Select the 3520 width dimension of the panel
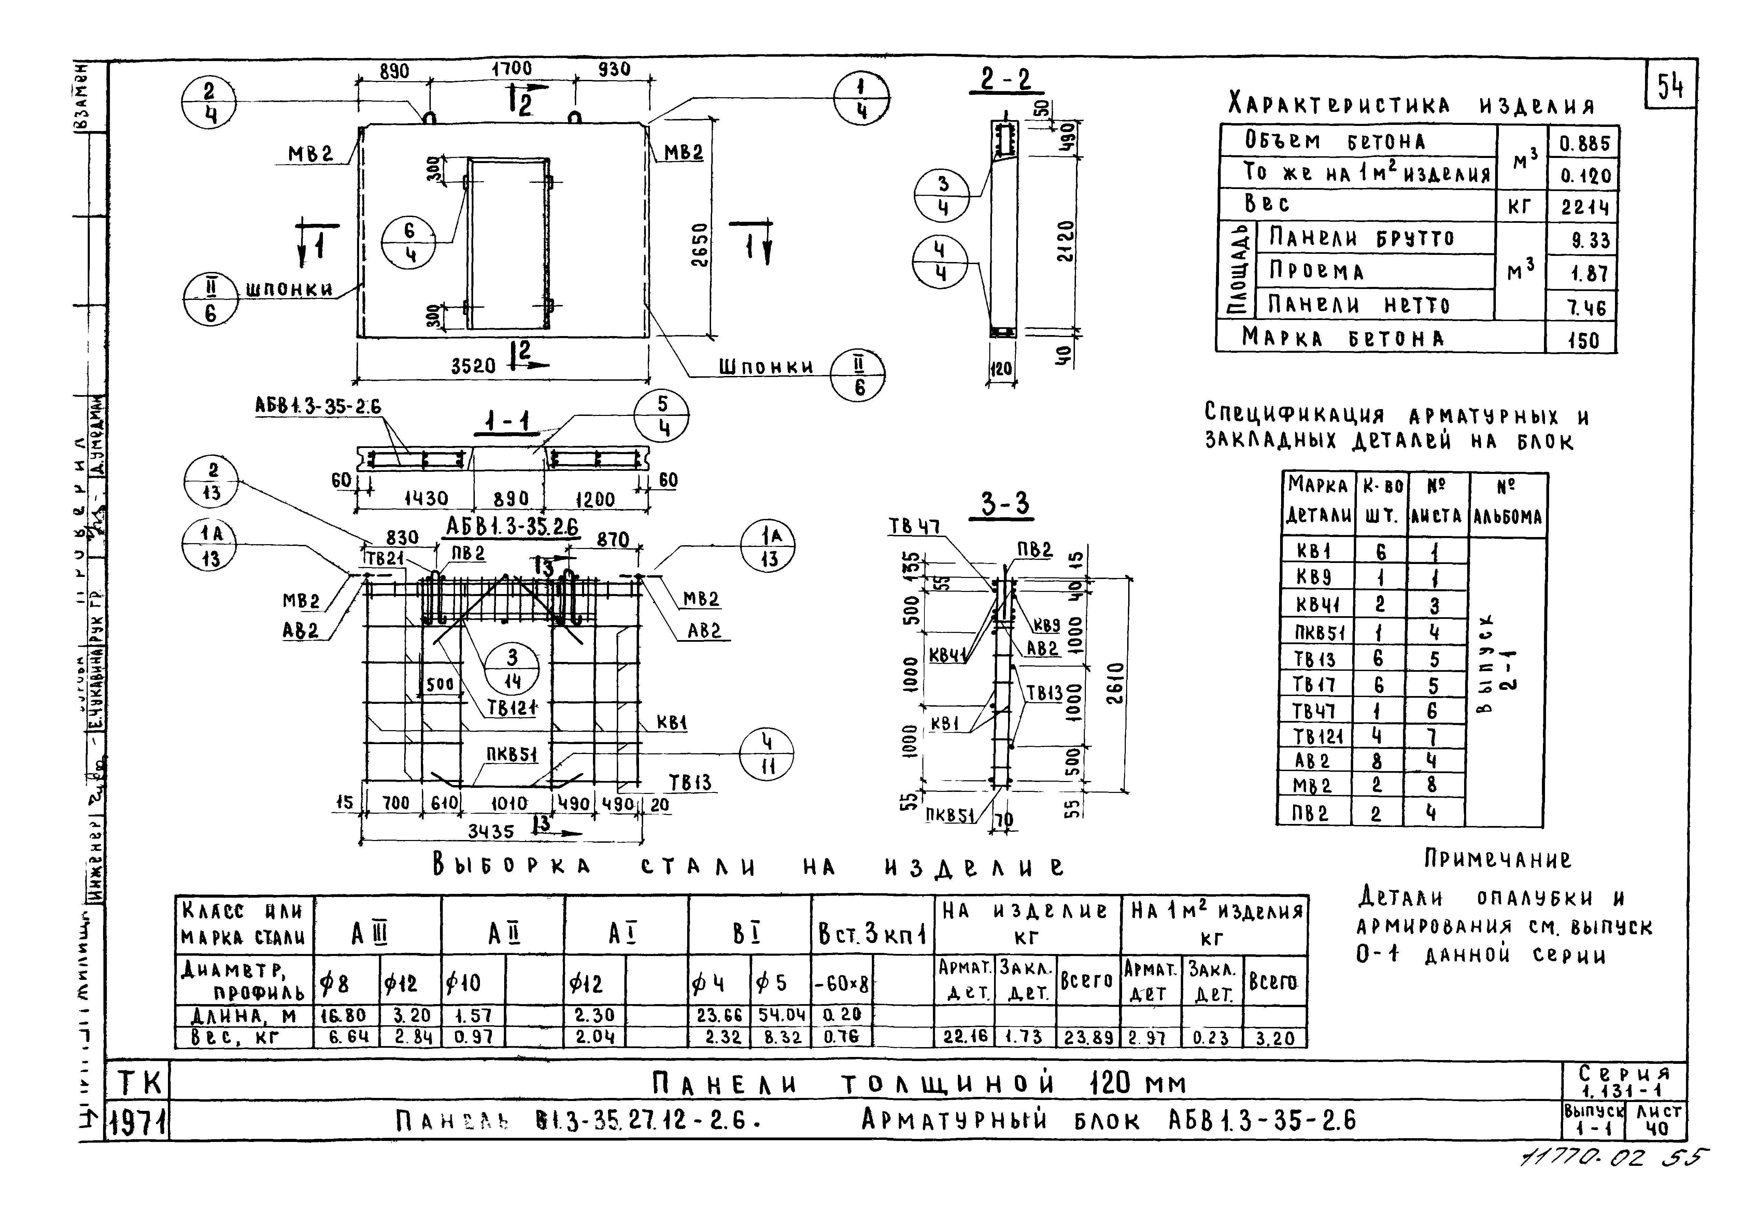point(473,366)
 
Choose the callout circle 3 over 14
point(512,669)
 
